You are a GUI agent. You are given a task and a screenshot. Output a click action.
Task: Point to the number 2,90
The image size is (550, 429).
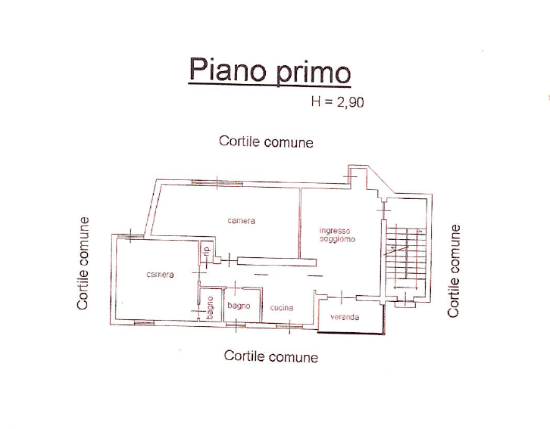348,103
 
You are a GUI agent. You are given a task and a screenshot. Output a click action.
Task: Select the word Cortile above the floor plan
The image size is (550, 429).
239,141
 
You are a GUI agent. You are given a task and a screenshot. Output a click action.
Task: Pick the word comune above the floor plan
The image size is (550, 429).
289,141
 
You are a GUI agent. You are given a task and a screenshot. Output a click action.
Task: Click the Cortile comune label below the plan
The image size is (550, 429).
270,356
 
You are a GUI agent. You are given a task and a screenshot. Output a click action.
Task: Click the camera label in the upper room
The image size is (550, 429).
242,221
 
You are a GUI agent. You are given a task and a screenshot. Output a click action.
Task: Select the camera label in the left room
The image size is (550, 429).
160,275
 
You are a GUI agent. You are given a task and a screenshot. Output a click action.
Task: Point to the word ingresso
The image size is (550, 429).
334,231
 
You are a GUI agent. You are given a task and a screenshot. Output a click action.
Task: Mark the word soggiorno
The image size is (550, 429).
334,239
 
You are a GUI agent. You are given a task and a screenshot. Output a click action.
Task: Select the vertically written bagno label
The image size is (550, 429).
211,309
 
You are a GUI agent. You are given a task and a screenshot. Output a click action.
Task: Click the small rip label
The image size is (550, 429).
205,252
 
